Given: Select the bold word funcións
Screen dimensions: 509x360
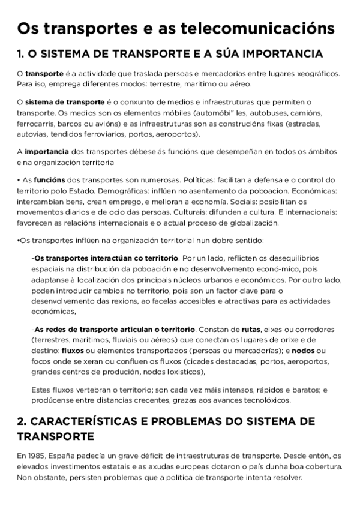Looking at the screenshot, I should pyautogui.click(x=49, y=180).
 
